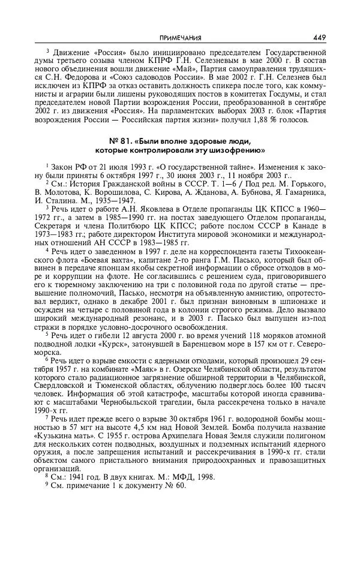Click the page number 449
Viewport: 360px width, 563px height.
[x=319, y=37]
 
